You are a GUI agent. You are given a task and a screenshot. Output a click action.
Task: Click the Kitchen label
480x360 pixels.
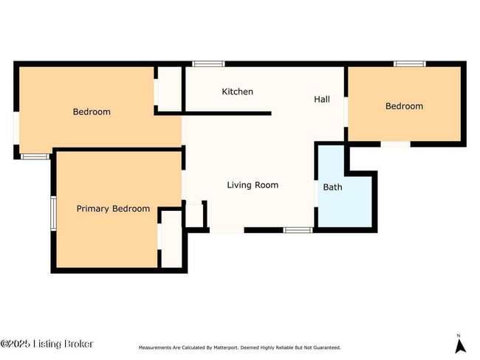click(237, 91)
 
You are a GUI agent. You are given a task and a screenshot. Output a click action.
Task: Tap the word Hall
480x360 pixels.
click(322, 99)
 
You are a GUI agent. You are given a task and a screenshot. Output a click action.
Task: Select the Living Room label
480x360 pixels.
click(253, 184)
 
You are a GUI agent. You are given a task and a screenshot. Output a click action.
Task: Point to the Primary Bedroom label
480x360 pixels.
click(113, 209)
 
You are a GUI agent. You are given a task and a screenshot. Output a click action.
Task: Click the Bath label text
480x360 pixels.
click(332, 187)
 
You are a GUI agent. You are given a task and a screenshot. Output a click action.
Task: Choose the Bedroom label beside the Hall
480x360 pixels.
click(404, 105)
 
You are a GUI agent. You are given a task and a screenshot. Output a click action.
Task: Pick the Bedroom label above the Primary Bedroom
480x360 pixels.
click(92, 111)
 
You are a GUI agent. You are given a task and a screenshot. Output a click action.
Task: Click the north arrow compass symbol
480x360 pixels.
click(459, 343)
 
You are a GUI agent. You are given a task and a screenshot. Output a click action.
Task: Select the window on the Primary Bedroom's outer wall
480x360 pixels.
click(52, 212)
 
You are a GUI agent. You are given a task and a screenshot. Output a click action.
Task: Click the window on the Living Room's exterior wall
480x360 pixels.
click(298, 230)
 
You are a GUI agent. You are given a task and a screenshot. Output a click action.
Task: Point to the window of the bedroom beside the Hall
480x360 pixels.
click(409, 64)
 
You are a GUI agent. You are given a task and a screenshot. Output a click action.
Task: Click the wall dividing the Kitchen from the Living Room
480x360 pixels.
click(222, 113)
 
